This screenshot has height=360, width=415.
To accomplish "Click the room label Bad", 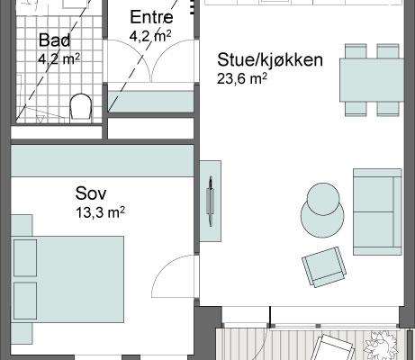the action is click(x=55, y=40).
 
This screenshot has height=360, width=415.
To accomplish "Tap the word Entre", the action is click(x=151, y=17).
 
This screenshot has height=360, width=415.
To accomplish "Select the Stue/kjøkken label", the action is click(x=270, y=60).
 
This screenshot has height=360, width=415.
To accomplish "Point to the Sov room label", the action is click(x=91, y=193).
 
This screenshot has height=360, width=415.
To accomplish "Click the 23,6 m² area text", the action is click(x=242, y=79).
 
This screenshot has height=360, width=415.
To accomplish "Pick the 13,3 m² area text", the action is click(x=100, y=212).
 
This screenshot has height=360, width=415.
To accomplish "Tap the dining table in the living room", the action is click(x=372, y=80).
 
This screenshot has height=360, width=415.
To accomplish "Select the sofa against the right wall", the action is click(x=377, y=211).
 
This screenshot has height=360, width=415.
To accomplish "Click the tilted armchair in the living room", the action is click(x=324, y=267).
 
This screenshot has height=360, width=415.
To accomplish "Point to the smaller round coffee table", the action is click(x=324, y=198).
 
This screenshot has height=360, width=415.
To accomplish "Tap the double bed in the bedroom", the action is click(x=68, y=279).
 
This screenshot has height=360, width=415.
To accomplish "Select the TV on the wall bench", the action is click(x=211, y=201).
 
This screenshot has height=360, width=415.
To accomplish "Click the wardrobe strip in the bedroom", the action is click(x=102, y=161).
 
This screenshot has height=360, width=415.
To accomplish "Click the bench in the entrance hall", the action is click(x=150, y=102).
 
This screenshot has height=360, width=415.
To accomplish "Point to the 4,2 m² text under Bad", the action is click(x=59, y=59).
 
